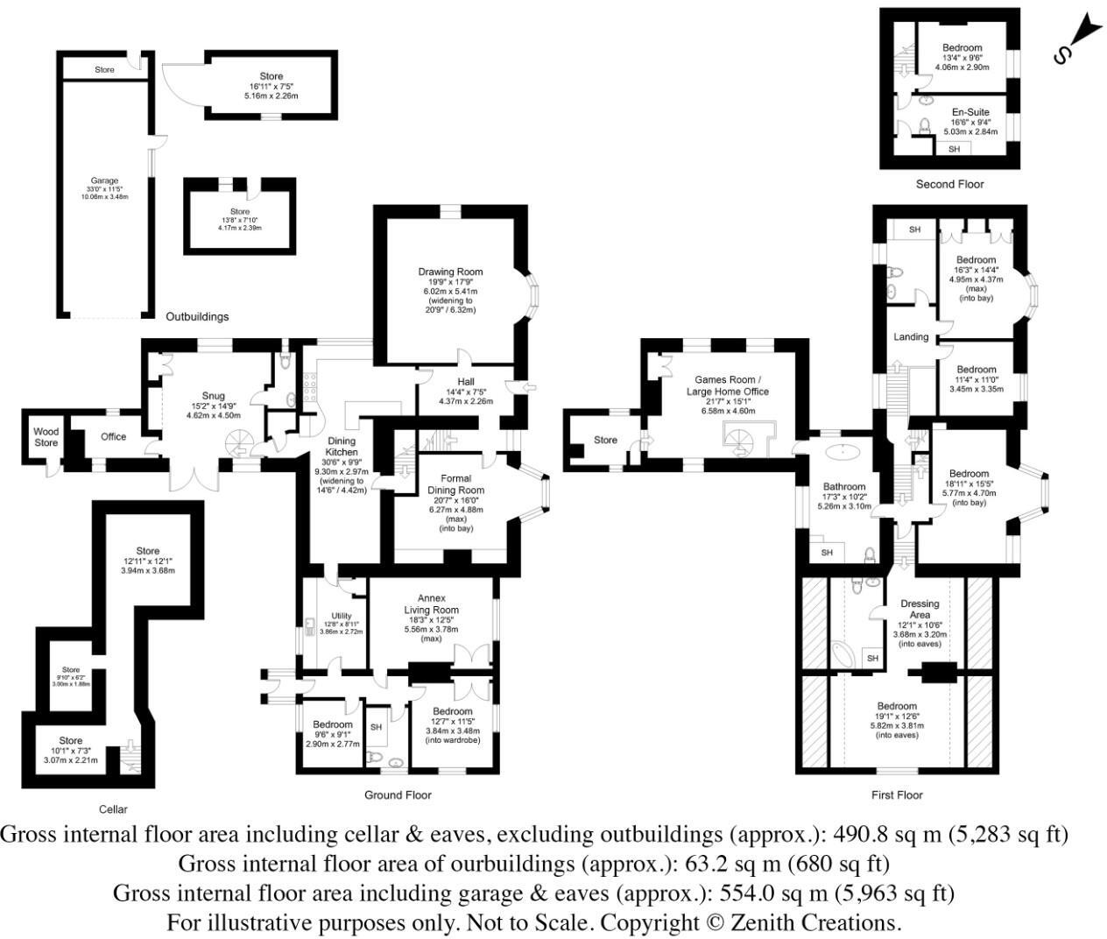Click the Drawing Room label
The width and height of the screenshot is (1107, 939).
coord(450,272)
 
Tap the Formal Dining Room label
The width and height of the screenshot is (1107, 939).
coord(455,484)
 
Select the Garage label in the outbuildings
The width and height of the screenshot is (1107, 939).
coord(103,181)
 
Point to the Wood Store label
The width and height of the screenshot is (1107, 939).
coord(46,437)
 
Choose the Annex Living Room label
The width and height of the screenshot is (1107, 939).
coord(431,604)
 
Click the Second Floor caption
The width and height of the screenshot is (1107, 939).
coord(949,184)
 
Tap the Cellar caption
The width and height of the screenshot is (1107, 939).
coord(113,808)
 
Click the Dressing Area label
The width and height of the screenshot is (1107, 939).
coord(920,609)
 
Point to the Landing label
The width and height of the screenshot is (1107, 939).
coord(911,336)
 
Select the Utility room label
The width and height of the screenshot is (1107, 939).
coord(341,616)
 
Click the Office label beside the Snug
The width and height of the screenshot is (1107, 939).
coord(113,436)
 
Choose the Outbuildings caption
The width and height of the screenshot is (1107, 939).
coord(197,316)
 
